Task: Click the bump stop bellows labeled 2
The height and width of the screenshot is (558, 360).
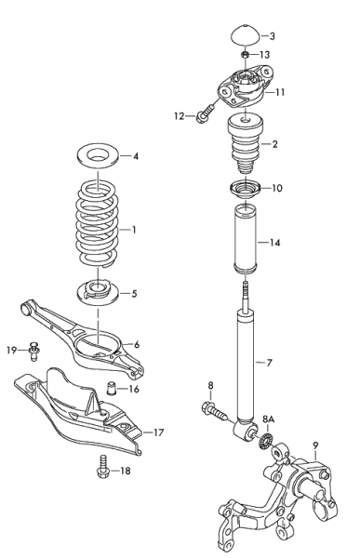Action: pos(244,146)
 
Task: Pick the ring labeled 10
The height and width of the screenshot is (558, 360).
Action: pos(245,190)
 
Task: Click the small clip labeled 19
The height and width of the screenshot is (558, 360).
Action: pos(34,350)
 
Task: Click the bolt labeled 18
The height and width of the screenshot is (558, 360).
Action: pos(103,471)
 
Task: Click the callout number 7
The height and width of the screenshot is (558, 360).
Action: pos(270,361)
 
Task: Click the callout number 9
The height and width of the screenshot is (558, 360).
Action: pos(316,445)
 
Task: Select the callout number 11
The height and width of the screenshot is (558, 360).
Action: pos(280,92)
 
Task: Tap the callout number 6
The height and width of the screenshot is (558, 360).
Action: pos(136,344)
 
